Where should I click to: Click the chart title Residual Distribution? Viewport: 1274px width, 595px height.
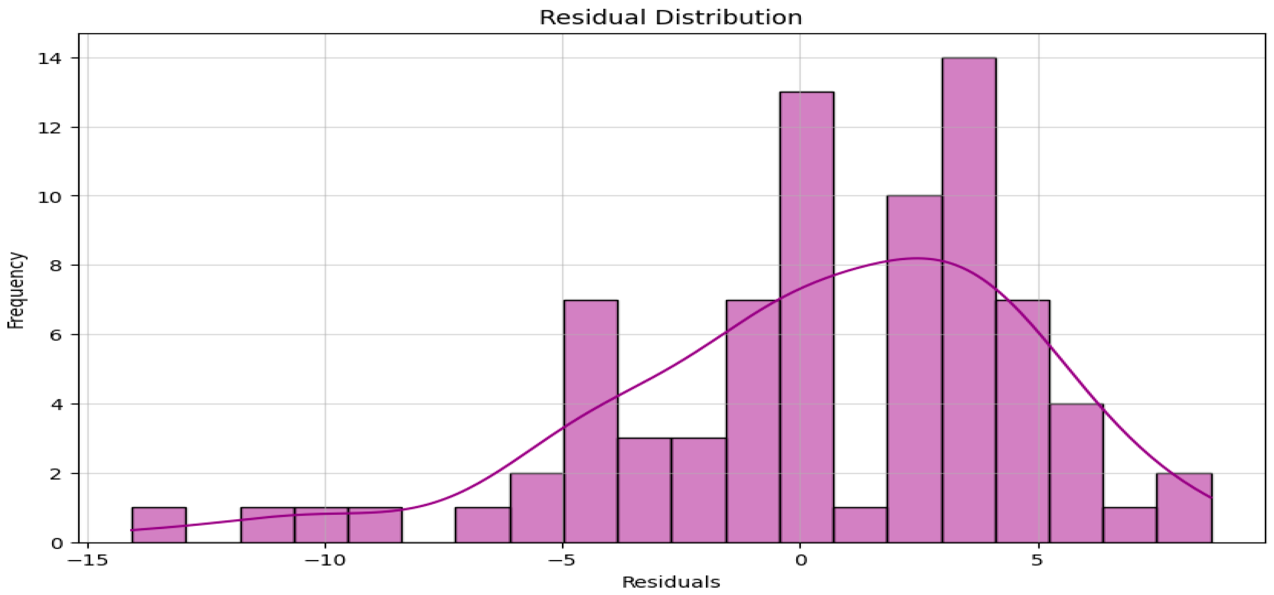tap(670, 17)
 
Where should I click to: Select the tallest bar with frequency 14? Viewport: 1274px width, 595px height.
tap(969, 297)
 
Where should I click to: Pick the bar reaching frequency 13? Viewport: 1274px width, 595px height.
tap(807, 317)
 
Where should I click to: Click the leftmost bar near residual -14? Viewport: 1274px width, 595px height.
tap(159, 525)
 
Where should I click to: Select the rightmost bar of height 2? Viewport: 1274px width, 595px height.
tap(1183, 507)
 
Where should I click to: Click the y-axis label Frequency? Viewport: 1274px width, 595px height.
tap(16, 290)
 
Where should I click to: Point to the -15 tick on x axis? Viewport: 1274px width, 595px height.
tap(88, 560)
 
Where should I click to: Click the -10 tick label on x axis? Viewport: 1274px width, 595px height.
tap(325, 560)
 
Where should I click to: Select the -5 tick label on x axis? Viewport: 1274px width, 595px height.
tap(562, 560)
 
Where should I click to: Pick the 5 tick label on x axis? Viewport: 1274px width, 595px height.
tap(1038, 560)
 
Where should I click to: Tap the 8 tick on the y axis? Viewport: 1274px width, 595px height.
tap(55, 266)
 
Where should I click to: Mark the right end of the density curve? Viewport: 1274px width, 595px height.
tap(1210, 497)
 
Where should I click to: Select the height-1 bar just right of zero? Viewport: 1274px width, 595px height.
tap(861, 525)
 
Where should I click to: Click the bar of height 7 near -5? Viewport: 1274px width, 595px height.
tap(591, 421)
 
